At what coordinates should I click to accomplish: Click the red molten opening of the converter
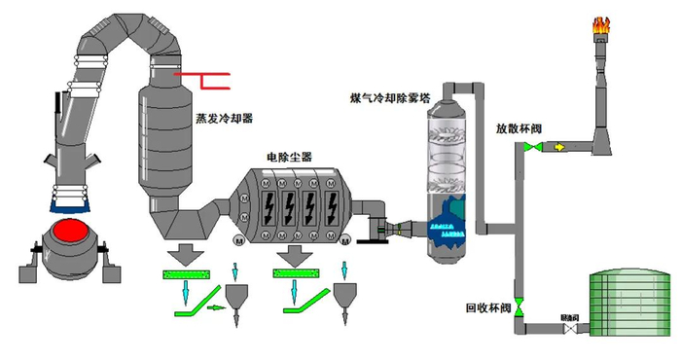click(69, 234)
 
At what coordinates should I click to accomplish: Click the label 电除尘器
click(288, 156)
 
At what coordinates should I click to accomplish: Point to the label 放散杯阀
click(519, 127)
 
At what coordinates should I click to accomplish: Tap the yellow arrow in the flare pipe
click(559, 148)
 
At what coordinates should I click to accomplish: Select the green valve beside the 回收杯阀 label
click(519, 307)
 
